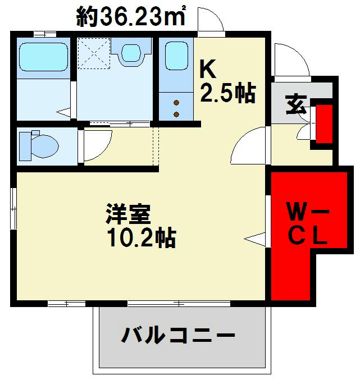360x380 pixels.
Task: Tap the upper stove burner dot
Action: (176, 103)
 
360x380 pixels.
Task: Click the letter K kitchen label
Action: (208, 70)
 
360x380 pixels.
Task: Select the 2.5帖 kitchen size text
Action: (228, 93)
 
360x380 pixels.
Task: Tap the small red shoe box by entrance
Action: (323, 123)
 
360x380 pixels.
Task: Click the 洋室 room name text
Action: (128, 214)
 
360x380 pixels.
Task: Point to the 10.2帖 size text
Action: (142, 239)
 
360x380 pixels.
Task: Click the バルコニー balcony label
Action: (177, 336)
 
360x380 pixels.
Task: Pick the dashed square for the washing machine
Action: (94, 52)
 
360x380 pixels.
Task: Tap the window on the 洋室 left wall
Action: (14, 208)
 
